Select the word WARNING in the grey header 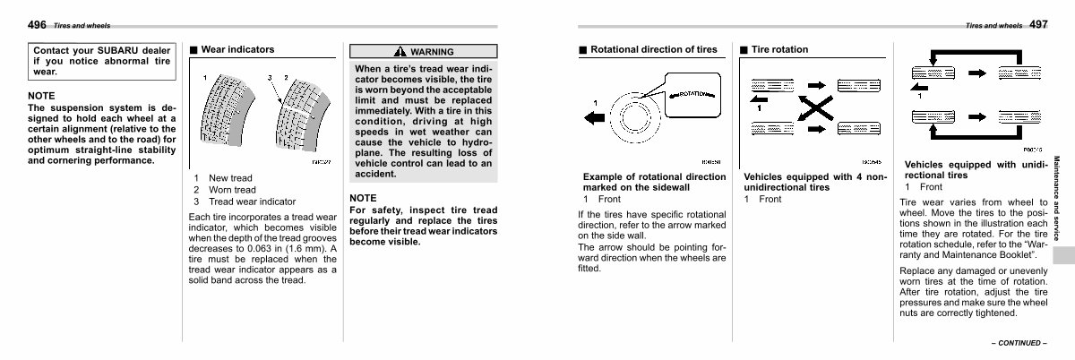click(432, 52)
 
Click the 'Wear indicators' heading click(237, 49)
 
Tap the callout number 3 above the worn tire click(270, 78)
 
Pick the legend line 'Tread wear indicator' click(252, 202)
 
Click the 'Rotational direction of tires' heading click(653, 49)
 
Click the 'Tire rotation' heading click(779, 49)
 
